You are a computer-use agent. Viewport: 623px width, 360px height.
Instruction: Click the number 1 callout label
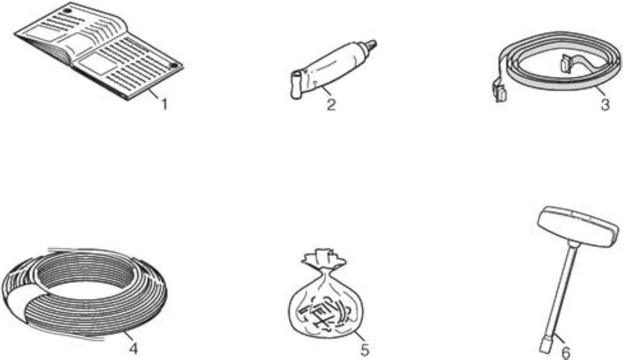coord(165,104)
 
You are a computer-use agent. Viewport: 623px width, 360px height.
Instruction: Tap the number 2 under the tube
coord(331,105)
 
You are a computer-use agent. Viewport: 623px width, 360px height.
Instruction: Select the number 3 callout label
coord(605,105)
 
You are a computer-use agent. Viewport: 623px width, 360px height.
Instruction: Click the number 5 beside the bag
coord(365,349)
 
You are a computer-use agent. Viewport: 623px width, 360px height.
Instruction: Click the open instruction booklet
coord(99,51)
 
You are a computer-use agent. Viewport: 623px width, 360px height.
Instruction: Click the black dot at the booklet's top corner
coord(67,11)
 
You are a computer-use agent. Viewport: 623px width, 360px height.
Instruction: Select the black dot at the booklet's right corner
coord(174,65)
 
